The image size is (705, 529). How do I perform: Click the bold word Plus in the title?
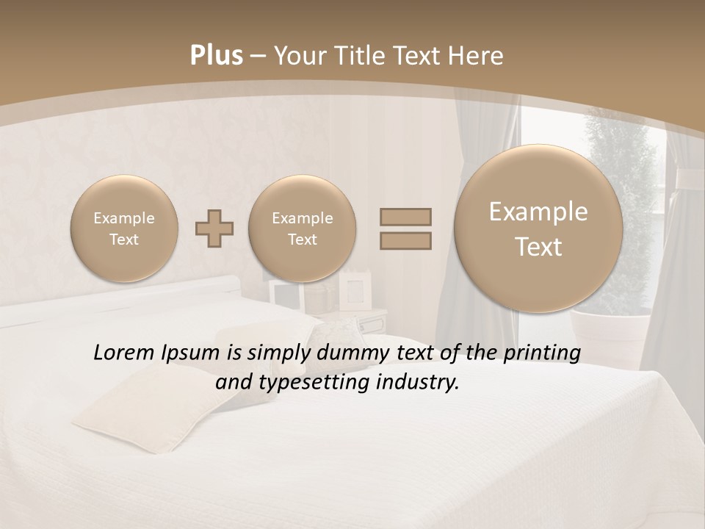pyautogui.click(x=217, y=56)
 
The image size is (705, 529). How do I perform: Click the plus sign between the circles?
pyautogui.click(x=214, y=228)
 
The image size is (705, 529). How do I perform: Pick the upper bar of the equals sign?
pyautogui.click(x=405, y=217)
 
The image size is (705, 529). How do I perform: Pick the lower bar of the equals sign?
pyautogui.click(x=405, y=240)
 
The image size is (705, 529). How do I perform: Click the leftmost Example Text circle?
pyautogui.click(x=123, y=228)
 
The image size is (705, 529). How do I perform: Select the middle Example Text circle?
pyautogui.click(x=302, y=228)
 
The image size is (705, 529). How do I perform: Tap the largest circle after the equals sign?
pyautogui.click(x=538, y=229)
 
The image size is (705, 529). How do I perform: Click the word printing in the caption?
pyautogui.click(x=543, y=353)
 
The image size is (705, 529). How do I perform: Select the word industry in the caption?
pyautogui.click(x=418, y=383)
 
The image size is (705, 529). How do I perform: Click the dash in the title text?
pyautogui.click(x=258, y=56)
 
